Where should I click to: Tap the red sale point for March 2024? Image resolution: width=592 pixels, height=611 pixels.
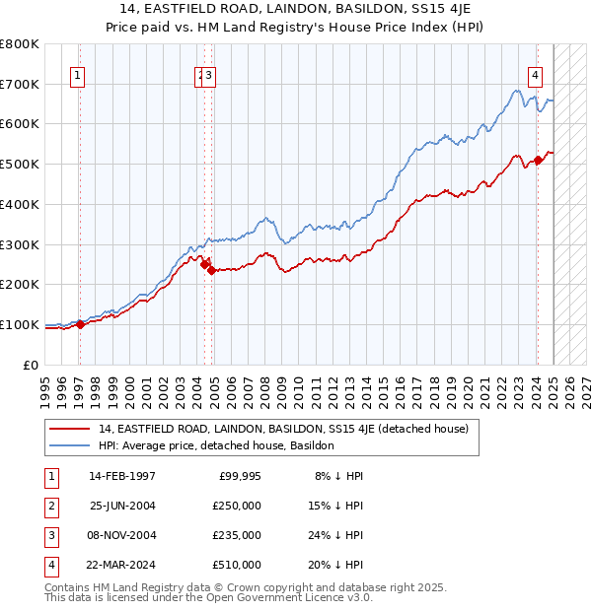coord(538,160)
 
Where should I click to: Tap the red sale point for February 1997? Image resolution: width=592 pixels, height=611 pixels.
coord(80,324)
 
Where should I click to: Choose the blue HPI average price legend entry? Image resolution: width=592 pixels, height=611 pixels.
coord(216,445)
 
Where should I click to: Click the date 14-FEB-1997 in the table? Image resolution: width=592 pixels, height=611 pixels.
coord(122,476)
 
